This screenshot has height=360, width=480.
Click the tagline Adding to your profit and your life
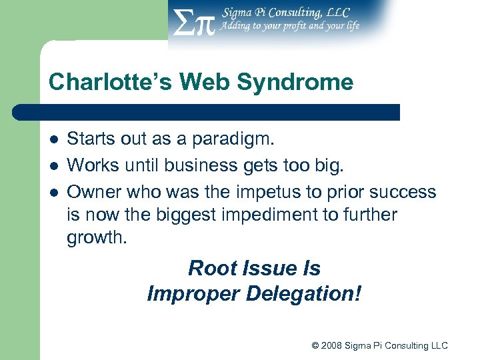pyautogui.click(x=291, y=26)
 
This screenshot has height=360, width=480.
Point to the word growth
pyautogui.click(x=96, y=238)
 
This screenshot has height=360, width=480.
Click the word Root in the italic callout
pyautogui.click(x=210, y=269)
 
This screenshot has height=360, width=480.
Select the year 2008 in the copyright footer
pyautogui.click(x=332, y=345)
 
